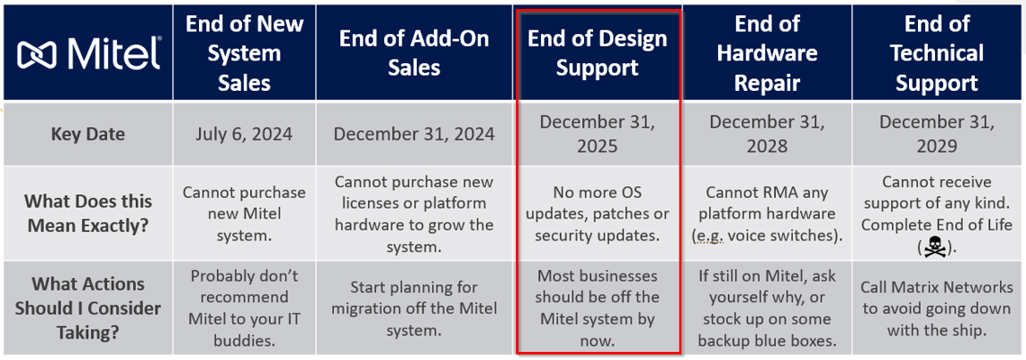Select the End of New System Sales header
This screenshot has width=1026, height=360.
pyautogui.click(x=244, y=53)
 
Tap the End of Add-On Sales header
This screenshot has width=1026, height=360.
pyautogui.click(x=414, y=53)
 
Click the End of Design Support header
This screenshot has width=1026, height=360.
pyautogui.click(x=597, y=53)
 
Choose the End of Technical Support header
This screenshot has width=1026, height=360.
pyautogui.click(x=936, y=53)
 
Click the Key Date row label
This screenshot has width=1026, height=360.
pyautogui.click(x=87, y=134)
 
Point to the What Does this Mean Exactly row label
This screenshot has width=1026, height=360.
pyautogui.click(x=87, y=213)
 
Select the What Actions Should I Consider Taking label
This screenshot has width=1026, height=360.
pyautogui.click(x=87, y=308)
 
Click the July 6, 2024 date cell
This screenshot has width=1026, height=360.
pyautogui.click(x=244, y=134)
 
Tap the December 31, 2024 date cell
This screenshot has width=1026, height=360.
pyautogui.click(x=414, y=134)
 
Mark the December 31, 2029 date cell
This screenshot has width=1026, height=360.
pyautogui.click(x=936, y=134)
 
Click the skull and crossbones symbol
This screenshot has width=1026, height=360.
pyautogui.click(x=936, y=247)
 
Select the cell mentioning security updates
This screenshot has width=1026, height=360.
pyautogui.click(x=597, y=213)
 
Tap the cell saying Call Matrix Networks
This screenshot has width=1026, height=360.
pyautogui.click(x=936, y=308)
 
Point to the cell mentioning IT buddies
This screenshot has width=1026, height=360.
pyautogui.click(x=244, y=308)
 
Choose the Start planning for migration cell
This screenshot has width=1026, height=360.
pyautogui.click(x=414, y=308)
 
